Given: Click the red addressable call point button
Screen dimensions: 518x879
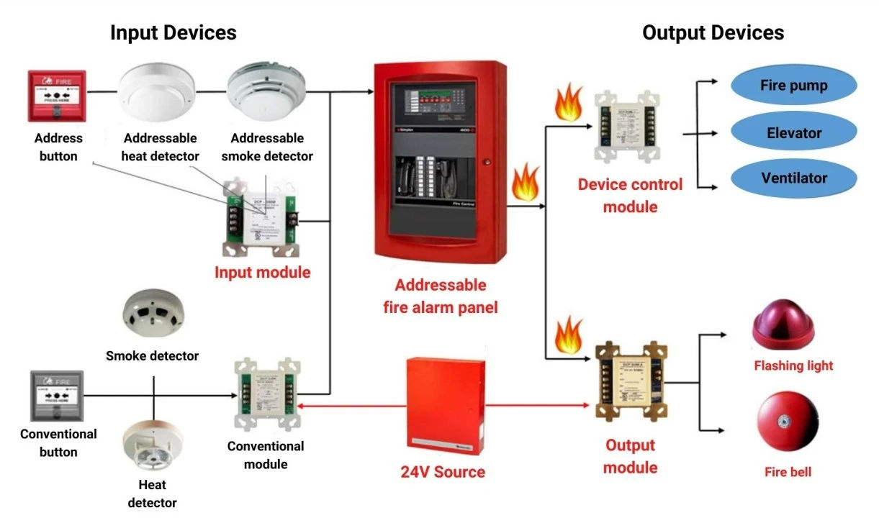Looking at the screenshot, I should (x=57, y=95).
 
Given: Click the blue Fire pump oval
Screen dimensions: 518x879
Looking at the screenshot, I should (x=793, y=86).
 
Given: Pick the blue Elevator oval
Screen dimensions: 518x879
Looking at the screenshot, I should (x=793, y=133).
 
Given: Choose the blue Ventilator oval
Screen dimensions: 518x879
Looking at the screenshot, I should (x=793, y=178).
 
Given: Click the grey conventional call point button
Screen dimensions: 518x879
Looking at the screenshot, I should (x=57, y=396).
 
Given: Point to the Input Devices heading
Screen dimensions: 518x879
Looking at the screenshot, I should (x=173, y=32).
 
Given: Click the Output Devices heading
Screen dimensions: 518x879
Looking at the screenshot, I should (x=713, y=32).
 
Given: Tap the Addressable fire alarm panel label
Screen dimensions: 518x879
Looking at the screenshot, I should (x=439, y=296).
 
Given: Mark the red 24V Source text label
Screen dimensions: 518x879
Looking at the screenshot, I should (x=443, y=472).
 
